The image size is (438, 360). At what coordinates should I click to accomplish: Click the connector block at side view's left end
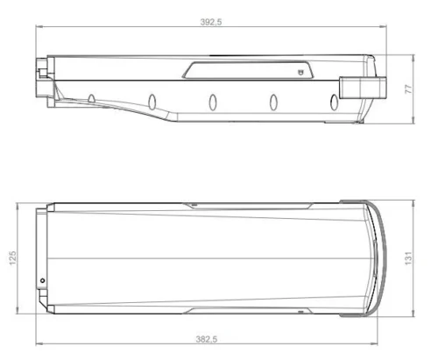click(41, 78)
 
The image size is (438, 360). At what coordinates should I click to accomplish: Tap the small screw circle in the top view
click(43, 280)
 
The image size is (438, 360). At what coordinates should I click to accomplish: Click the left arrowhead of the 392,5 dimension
click(39, 28)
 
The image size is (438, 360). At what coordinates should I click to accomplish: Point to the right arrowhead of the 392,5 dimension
click(384, 28)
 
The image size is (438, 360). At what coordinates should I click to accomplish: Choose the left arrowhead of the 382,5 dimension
click(38, 343)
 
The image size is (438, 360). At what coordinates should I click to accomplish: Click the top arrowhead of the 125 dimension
click(19, 205)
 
